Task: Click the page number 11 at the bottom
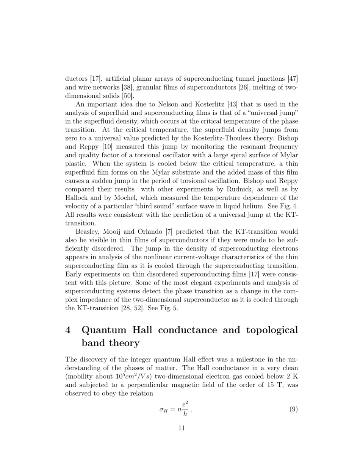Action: tap(181, 428)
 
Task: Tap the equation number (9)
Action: tap(293, 409)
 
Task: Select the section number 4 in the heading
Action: tap(68, 330)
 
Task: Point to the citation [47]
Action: tap(293, 79)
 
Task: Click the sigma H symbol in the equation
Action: tap(164, 410)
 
